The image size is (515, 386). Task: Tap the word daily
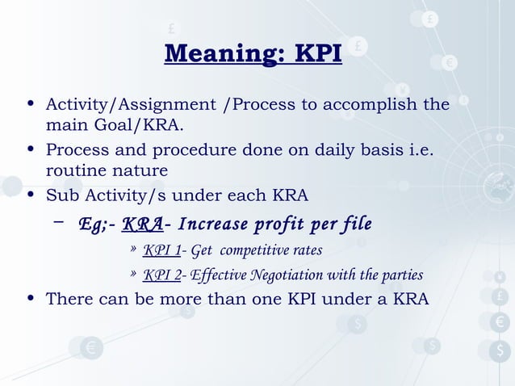[x=337, y=150]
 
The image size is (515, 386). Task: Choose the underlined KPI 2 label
[x=161, y=275]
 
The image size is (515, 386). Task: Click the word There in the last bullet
[x=69, y=300]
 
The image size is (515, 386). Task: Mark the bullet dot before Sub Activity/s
[x=31, y=195]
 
